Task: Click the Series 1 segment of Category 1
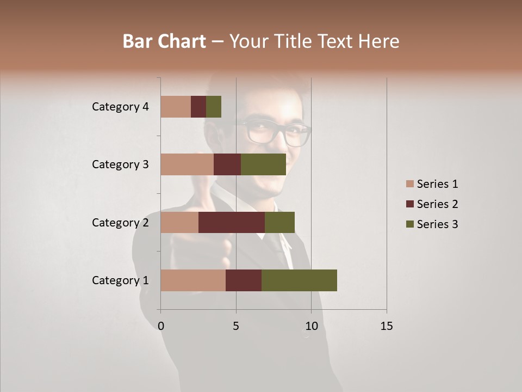point(193,280)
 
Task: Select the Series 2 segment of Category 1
point(244,280)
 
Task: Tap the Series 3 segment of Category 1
point(299,280)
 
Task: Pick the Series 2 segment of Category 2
point(232,222)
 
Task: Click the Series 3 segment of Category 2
point(279,222)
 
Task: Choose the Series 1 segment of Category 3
point(187,164)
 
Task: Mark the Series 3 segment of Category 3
point(263,164)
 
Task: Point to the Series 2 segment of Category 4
point(198,107)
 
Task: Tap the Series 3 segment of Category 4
point(214,107)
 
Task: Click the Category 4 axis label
point(120,107)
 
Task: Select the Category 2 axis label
point(120,222)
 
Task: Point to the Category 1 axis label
point(120,280)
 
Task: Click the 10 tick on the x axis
point(311,326)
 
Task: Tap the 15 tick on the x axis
point(387,326)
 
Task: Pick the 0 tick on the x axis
point(161,326)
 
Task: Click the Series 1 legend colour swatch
point(410,184)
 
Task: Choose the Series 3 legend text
point(437,224)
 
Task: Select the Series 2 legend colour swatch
point(410,204)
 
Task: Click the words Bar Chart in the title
point(164,41)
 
